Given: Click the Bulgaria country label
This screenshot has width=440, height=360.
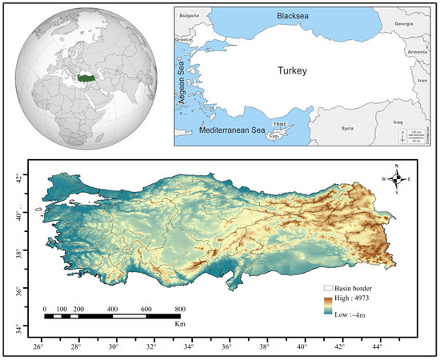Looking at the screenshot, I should [x=190, y=15].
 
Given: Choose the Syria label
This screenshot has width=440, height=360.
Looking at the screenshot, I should [x=347, y=128].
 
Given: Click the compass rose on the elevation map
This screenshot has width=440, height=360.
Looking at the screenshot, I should [x=398, y=178].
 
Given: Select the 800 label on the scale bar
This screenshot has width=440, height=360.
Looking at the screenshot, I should [x=180, y=309].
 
